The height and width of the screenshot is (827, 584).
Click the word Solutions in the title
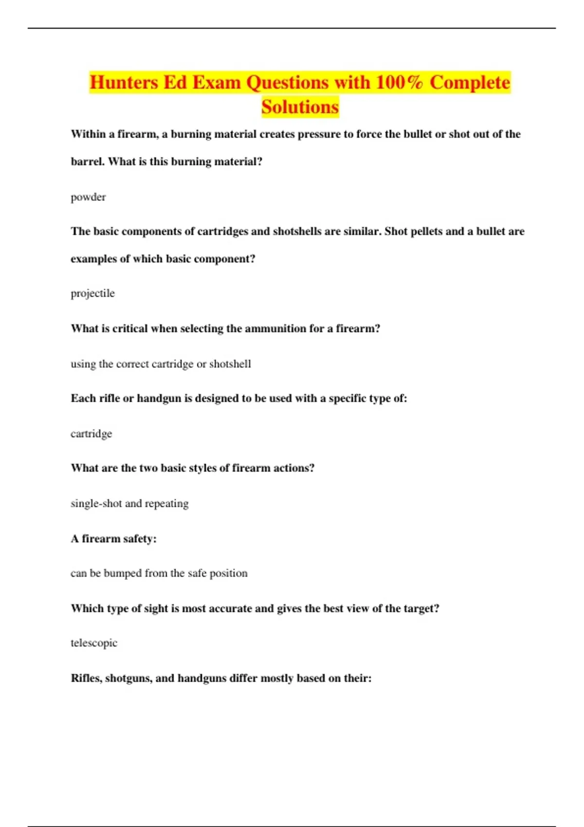pos(300,107)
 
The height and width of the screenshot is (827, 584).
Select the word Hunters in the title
pos(124,82)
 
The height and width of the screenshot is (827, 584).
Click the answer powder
pos(88,197)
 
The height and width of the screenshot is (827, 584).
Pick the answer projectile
pos(92,293)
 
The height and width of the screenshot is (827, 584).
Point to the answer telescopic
pos(94,643)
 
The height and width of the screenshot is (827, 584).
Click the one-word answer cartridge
pos(91,433)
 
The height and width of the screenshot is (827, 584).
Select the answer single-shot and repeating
pos(129,503)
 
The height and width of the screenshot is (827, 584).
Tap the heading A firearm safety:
pos(113,539)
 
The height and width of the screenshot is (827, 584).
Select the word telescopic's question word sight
pos(156,609)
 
